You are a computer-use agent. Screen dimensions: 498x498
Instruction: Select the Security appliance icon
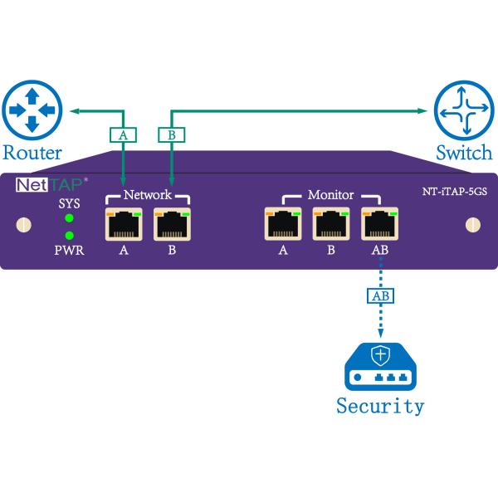click(379, 366)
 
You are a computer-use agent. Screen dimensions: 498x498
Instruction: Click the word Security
click(380, 406)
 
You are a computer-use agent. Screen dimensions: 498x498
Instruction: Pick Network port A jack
click(123, 224)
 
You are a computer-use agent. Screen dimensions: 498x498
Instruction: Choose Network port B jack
click(172, 224)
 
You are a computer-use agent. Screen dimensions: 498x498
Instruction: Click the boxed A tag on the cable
click(123, 134)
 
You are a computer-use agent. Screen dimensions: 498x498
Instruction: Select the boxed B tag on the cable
click(171, 134)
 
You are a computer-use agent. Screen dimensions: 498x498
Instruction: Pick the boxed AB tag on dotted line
click(378, 295)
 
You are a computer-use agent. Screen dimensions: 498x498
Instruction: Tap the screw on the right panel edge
click(474, 224)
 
